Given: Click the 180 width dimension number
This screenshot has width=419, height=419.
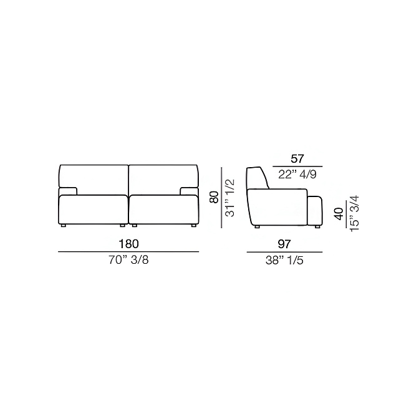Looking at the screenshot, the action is pos(129,244).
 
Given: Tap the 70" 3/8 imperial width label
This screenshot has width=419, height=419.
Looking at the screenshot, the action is pos(128,260).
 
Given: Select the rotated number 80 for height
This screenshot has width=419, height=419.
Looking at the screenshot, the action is pos(214,197).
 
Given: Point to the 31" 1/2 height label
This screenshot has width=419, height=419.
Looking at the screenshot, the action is pos(229,198).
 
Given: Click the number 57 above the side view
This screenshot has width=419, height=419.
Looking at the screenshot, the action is pos(297,159).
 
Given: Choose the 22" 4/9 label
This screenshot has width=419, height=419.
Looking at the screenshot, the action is pos(297,175).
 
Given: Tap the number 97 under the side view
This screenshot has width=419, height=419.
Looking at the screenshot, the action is pos(284,244).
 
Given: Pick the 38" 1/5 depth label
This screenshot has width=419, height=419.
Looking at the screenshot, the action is pos(284,260).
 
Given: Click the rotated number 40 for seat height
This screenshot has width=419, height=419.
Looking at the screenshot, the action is pos(339,214).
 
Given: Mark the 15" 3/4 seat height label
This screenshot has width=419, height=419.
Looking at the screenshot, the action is pos(355,213).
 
